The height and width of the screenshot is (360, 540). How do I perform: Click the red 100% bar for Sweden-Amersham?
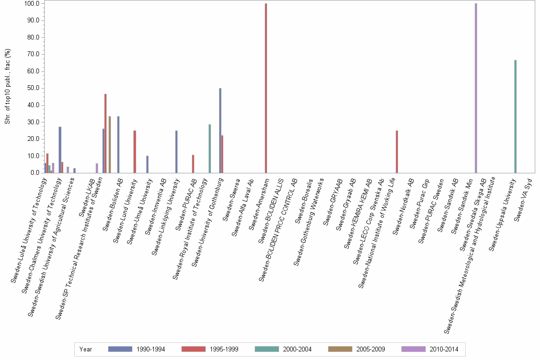coord(266,88)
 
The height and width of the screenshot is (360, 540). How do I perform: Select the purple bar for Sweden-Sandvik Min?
coord(476,88)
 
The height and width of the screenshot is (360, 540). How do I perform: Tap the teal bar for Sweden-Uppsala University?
coord(515,117)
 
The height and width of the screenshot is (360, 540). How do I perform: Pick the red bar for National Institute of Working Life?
coord(397,152)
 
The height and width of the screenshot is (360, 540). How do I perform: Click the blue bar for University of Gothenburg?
coord(220,130)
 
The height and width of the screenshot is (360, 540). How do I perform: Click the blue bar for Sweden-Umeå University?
coord(147,164)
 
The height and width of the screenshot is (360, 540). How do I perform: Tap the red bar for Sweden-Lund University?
coord(135,152)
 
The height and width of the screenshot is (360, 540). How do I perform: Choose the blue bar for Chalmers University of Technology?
coord(60,150)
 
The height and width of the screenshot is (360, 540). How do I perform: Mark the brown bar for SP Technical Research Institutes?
coord(110,145)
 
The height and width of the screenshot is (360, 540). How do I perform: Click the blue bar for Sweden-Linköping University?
coord(176,152)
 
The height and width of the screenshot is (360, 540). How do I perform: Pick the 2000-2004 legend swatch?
coord(268,350)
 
